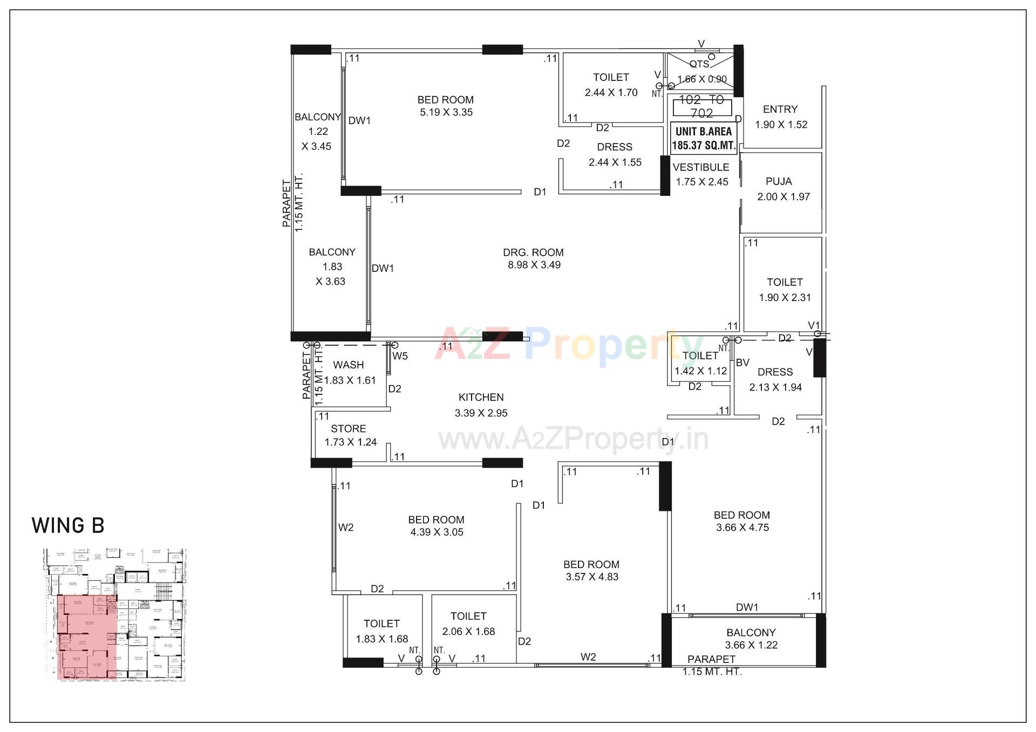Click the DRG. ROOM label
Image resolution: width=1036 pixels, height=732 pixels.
coord(533,252)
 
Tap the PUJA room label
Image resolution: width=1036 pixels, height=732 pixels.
coord(779,181)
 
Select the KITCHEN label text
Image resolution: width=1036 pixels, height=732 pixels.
coord(481,398)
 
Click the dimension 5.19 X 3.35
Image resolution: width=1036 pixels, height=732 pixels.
coord(446,113)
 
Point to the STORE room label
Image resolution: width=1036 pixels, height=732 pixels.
coord(348,429)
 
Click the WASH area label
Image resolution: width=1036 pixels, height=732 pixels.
coord(348,365)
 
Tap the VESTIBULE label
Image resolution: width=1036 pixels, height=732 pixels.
coord(700,167)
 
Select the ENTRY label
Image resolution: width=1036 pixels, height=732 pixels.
coord(780,110)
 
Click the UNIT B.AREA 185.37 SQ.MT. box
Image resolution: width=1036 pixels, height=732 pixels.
coord(704,139)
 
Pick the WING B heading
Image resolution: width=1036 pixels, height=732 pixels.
coord(68,525)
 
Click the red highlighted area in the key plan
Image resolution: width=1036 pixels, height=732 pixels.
coord(86,637)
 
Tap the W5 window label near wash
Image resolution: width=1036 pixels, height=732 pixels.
coord(400,356)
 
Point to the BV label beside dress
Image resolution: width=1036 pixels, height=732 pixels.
coord(742,363)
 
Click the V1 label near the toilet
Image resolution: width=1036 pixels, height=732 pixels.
coord(814,325)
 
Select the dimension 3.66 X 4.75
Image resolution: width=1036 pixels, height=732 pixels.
coord(742,528)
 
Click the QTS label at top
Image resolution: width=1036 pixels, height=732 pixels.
coord(699,64)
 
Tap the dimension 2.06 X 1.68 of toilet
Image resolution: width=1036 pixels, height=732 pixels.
coord(468,632)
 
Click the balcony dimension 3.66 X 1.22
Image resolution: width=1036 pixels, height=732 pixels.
coord(751,645)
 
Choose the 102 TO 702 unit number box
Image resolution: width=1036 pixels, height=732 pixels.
coord(702,106)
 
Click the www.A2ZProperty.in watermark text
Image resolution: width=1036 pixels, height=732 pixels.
coord(573,439)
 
